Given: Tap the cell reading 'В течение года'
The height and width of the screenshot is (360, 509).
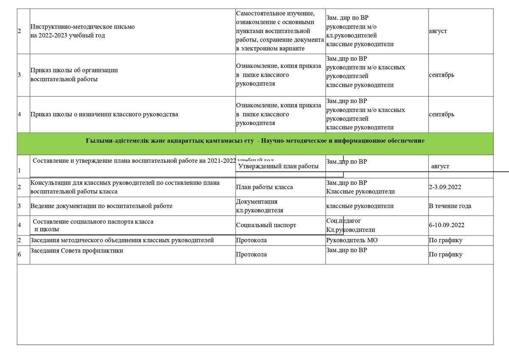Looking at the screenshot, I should point(450,206).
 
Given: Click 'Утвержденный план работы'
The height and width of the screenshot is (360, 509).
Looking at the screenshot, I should point(278,166).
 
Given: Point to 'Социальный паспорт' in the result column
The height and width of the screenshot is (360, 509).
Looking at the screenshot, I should point(266,225).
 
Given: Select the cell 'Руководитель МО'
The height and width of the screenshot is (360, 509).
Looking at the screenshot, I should point(352,240).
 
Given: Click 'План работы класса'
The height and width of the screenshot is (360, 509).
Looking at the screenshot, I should point(264,187).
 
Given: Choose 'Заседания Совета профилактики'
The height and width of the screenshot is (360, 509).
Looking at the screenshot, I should point(76,251).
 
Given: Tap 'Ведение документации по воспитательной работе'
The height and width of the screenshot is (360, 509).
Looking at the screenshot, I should point(101,206).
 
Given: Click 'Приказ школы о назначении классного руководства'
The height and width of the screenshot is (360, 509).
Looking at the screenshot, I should point(104,114).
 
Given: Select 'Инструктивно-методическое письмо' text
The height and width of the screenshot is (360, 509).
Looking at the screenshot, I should point(82,27).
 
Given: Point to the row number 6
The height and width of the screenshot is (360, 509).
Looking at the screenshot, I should point(20,254).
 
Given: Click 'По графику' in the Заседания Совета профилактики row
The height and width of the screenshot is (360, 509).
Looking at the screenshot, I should point(445,254).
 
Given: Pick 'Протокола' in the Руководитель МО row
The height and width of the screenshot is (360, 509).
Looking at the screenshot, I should point(251,240).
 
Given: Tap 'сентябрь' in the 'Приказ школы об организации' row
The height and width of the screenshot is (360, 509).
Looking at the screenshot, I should point(441,75).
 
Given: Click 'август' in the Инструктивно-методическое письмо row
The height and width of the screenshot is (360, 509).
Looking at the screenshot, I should point(437,31).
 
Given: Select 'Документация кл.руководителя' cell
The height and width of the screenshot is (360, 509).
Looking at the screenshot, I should point(259,206).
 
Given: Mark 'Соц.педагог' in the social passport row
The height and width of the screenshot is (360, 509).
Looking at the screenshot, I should point(344,221).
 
